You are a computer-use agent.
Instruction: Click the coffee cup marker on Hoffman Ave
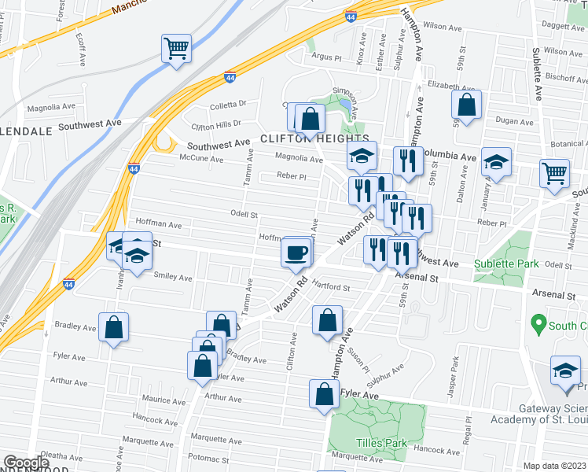click(296, 253)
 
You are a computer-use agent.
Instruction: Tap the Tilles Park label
click(381, 443)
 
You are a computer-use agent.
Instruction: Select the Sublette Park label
click(506, 264)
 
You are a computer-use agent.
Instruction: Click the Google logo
click(26, 463)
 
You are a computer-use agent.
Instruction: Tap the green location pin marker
click(538, 323)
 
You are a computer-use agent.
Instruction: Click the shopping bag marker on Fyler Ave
click(324, 395)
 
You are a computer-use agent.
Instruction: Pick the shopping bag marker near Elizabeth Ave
click(467, 105)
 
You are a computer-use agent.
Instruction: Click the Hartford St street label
click(330, 288)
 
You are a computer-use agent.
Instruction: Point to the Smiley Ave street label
click(173, 277)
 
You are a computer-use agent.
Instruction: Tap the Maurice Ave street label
click(164, 400)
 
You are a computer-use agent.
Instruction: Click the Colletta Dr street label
click(228, 103)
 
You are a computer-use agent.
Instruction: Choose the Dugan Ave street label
click(514, 121)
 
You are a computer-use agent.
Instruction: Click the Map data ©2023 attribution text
click(555, 466)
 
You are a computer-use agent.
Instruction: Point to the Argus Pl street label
click(326, 57)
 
